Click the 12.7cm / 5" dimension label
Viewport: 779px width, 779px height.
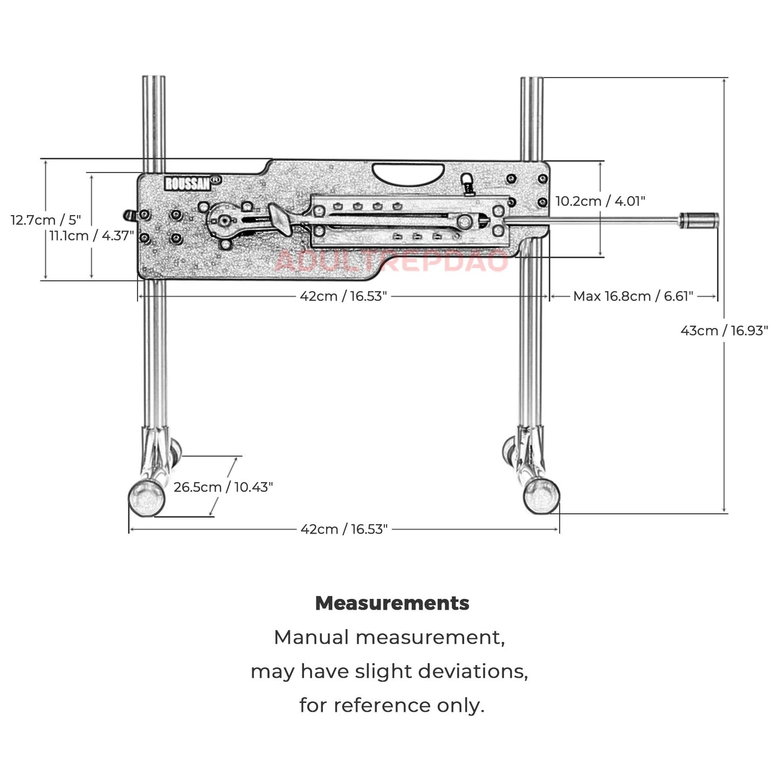46,220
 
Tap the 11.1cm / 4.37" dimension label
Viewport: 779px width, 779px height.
92,236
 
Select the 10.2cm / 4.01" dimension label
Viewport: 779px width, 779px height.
600,201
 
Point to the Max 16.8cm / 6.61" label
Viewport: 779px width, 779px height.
633,296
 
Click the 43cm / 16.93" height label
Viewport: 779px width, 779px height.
723,330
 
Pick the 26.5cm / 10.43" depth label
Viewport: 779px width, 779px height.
223,487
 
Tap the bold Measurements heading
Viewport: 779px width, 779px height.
392,603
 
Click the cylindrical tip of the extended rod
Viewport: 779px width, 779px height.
699,219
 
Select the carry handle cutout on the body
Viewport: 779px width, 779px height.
408,174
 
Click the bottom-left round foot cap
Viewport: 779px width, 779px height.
146,498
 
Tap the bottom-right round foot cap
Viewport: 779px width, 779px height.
541,495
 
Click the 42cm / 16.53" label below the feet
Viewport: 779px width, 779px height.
344,529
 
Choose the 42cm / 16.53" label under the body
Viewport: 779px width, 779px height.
343,296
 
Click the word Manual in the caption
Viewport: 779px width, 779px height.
312,637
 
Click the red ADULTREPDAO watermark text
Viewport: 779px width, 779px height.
391,261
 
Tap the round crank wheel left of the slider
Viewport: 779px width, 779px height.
223,220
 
